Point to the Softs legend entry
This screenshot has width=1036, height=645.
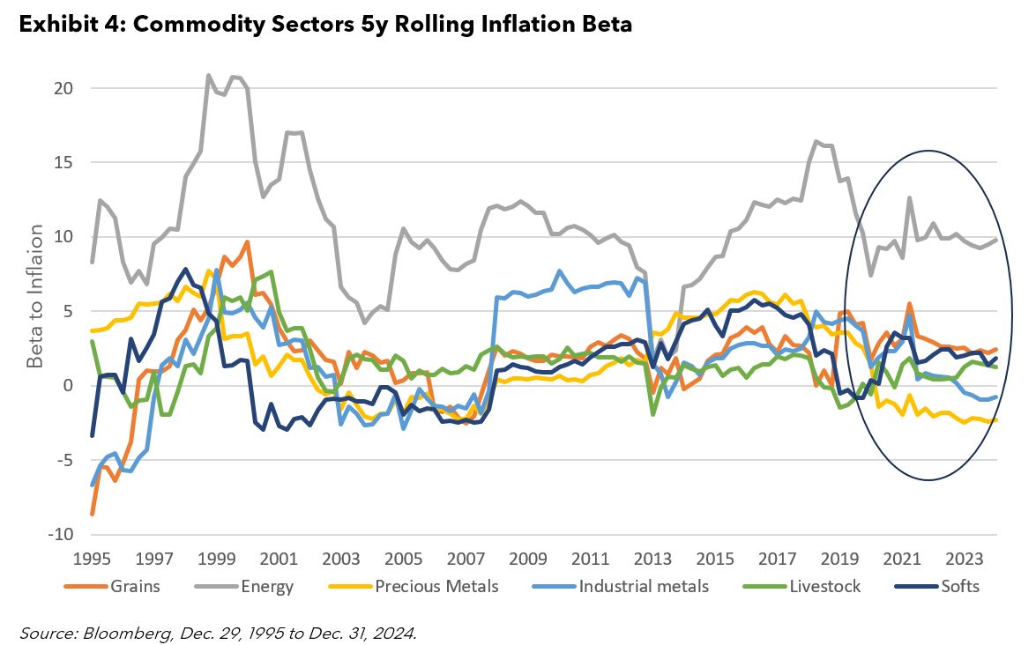tap(959, 586)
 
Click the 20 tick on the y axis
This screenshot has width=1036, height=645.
tap(63, 88)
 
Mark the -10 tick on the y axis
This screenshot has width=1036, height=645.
tap(59, 535)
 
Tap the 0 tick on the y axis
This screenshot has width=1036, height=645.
tap(67, 386)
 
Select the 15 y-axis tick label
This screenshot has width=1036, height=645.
tap(63, 163)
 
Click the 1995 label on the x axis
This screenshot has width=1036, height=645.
tap(92, 559)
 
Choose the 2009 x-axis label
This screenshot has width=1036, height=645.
tap(529, 559)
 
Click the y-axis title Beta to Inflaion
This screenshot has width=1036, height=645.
tap(34, 297)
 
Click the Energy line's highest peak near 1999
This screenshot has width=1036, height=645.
tap(209, 75)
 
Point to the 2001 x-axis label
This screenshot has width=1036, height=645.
tap(279, 559)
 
